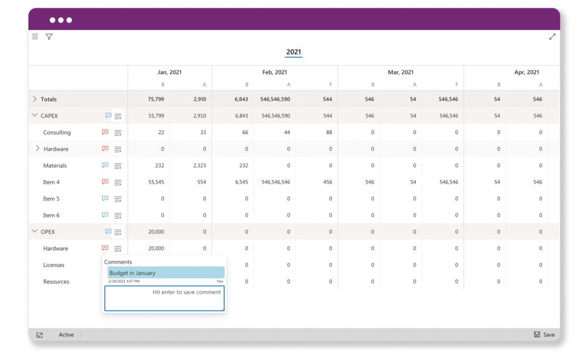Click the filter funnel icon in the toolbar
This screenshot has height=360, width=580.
(49, 37)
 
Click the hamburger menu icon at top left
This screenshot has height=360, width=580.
(35, 37)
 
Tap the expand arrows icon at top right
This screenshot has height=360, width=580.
(552, 37)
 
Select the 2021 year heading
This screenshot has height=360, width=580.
(293, 52)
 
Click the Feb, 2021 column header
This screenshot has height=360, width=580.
(275, 72)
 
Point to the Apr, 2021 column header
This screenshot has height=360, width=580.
(526, 72)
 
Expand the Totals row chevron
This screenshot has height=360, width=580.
(35, 99)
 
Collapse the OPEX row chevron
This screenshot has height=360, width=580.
(35, 232)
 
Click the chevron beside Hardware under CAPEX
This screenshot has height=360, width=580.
(37, 149)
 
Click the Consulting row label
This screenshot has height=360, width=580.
(57, 132)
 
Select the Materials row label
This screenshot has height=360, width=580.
(55, 166)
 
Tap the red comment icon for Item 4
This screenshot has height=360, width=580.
(105, 182)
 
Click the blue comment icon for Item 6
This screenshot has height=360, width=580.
(105, 215)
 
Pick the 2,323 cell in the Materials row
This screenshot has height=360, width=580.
(198, 166)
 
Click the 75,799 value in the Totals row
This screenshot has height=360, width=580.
(156, 99)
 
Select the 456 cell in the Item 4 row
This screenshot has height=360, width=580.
(327, 182)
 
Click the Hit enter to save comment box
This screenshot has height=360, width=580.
(164, 298)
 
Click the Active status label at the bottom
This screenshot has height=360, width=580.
(66, 335)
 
